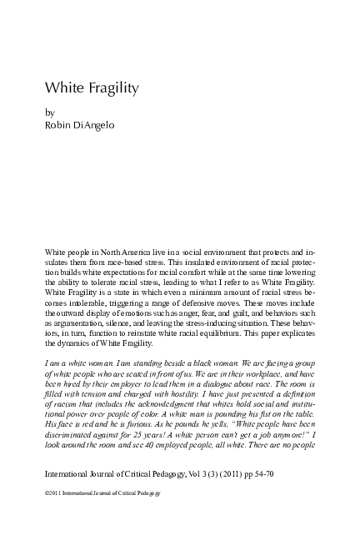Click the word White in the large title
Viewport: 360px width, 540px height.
pyautogui.click(x=59, y=87)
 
